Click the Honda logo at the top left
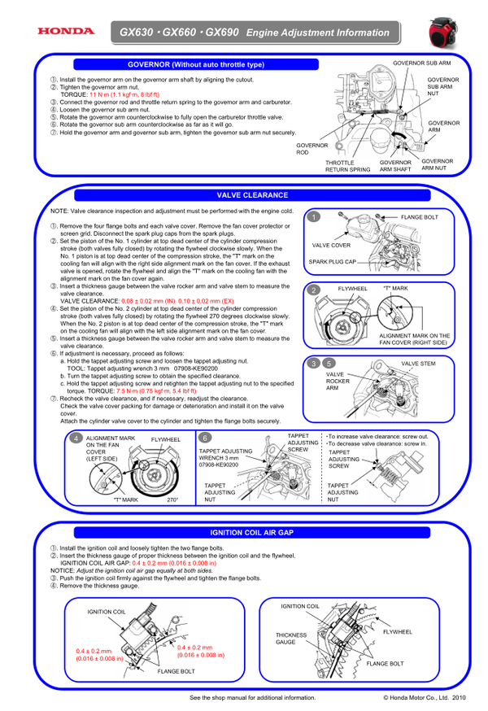tap(64, 32)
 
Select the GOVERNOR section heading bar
tap(196, 63)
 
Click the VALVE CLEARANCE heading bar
tap(252, 195)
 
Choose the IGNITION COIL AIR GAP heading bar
tap(252, 532)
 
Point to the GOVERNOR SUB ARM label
tap(421, 62)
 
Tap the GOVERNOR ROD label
tap(312, 149)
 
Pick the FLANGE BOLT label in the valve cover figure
tap(419, 217)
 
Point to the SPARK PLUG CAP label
tap(333, 262)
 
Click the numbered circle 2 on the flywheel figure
tap(313, 290)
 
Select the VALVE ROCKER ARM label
tap(338, 382)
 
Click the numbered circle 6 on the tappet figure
tap(205, 438)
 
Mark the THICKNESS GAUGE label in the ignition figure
tap(291, 639)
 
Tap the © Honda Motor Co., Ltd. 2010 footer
tap(424, 697)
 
